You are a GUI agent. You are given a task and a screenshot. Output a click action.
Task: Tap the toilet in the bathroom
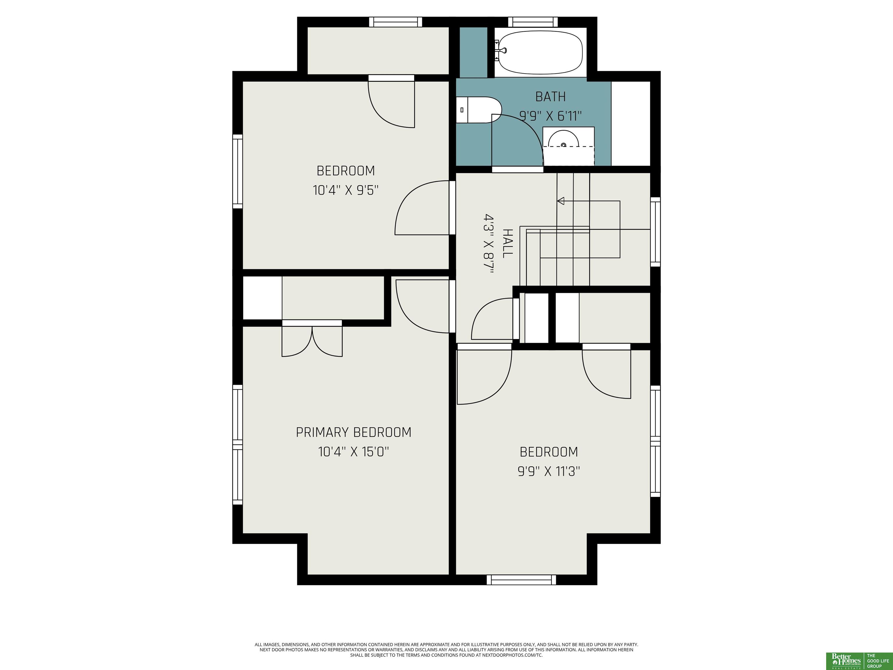click(479, 110)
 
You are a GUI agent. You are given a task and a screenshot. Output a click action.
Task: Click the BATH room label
click(550, 97)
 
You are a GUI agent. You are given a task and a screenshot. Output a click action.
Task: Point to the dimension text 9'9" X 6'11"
click(550, 116)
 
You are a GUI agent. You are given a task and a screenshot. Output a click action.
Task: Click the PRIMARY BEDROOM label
click(354, 432)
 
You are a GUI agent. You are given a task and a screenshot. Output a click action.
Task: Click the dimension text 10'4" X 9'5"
click(346, 190)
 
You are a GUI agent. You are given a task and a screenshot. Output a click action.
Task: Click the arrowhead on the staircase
click(561, 201)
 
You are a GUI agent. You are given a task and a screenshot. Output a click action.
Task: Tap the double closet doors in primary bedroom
click(312, 342)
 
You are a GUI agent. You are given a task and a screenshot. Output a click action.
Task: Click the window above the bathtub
click(533, 22)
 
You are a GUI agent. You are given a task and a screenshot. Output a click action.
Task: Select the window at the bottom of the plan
click(521, 580)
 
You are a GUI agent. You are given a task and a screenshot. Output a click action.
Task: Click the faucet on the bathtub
click(502, 51)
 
